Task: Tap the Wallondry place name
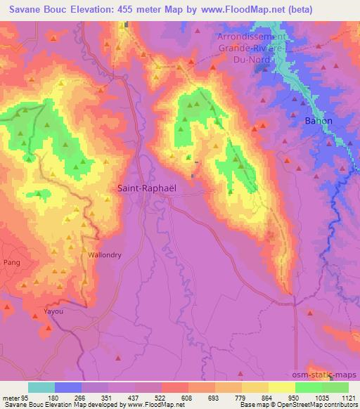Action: pos(105,255)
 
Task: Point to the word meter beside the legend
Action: pos(12,397)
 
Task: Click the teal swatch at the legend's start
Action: pos(41,387)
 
